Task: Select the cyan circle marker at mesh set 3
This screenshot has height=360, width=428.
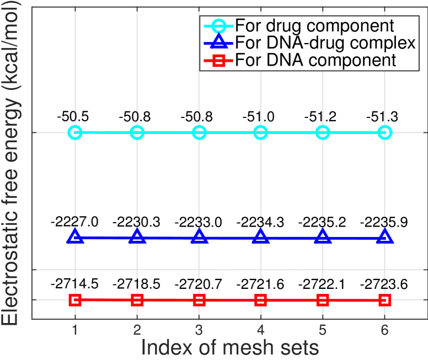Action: [x=199, y=133]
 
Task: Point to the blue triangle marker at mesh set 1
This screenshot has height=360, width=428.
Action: [x=76, y=237]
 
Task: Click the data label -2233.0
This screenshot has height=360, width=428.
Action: [x=199, y=222]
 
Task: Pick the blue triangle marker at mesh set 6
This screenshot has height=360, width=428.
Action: [x=385, y=237]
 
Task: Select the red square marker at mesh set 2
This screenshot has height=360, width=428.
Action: [x=137, y=300]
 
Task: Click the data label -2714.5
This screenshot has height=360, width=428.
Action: [x=75, y=284]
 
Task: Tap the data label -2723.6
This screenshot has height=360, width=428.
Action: [x=384, y=284]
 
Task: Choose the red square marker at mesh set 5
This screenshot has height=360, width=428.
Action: [x=323, y=300]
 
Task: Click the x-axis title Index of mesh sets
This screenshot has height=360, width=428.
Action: [x=230, y=348]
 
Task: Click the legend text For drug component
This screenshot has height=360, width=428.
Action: [x=314, y=26]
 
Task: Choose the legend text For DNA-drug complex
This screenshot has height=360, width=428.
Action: [x=325, y=42]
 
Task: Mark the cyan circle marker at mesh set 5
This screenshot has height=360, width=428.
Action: [x=323, y=133]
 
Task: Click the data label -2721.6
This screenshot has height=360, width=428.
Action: [x=261, y=284]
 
